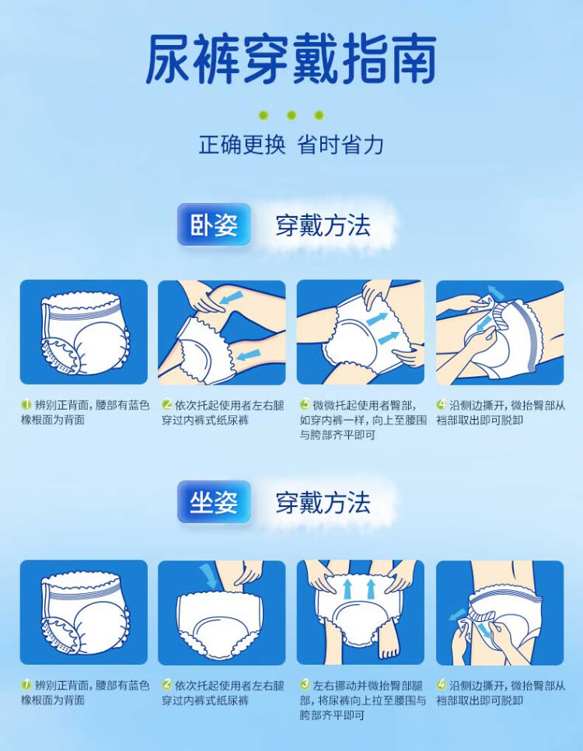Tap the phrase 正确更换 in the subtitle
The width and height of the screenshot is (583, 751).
pyautogui.click(x=243, y=145)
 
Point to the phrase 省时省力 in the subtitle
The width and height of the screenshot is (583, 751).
pyautogui.click(x=340, y=145)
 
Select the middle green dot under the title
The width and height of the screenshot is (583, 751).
pyautogui.click(x=291, y=115)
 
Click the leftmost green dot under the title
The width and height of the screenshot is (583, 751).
pyautogui.click(x=263, y=115)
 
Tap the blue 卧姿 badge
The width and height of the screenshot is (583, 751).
pyautogui.click(x=214, y=225)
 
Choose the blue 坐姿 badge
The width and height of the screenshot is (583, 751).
pyautogui.click(x=214, y=502)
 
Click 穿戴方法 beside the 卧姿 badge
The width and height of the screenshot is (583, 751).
pyautogui.click(x=323, y=225)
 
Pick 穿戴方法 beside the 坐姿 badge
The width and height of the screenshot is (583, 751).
pyautogui.click(x=323, y=502)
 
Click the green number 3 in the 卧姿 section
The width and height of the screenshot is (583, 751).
pyautogui.click(x=305, y=405)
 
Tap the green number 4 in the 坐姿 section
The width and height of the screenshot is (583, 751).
pyautogui.click(x=442, y=685)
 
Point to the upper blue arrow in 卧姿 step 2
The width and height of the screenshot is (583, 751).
pyautogui.click(x=232, y=297)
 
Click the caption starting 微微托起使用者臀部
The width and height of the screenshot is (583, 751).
pyautogui.click(x=363, y=420)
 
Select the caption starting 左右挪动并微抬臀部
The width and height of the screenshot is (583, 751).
pyautogui.click(x=363, y=700)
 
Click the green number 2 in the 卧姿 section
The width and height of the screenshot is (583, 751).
pyautogui.click(x=166, y=405)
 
